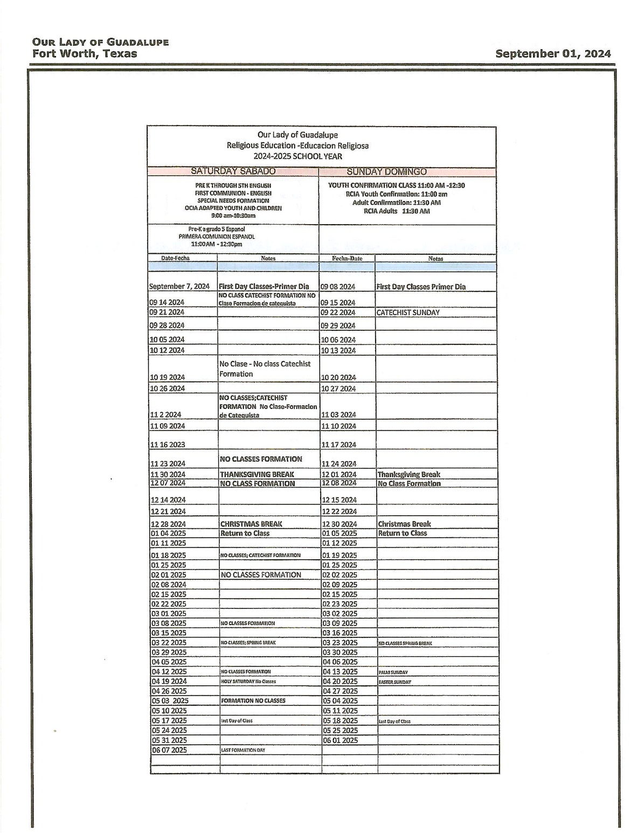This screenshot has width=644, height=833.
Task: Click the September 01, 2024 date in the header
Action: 553,53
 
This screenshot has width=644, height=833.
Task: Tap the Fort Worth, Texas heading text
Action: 85,53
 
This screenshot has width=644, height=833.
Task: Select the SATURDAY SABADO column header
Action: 233,171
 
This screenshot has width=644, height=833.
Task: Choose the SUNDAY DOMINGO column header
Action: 386,172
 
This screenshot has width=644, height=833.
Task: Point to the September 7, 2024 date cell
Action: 179,287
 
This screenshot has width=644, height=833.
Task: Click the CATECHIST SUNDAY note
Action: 408,313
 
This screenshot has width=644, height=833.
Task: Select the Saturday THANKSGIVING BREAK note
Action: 257,475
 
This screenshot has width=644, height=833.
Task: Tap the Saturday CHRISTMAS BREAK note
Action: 251,524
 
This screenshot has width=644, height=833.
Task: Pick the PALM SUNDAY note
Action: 393,672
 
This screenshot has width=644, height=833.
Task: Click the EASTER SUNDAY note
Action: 394,682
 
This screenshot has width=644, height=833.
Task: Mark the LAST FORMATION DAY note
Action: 243,750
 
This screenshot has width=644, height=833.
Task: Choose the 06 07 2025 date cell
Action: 169,750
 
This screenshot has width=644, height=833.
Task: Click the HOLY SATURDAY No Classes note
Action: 248,682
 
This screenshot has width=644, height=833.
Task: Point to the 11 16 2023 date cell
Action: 168,445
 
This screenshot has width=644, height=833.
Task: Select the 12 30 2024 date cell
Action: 339,524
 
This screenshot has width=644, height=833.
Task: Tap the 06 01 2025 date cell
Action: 340,740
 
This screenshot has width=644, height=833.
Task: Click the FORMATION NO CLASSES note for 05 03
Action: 253,700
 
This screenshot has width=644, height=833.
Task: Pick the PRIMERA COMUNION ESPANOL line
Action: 217,237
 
